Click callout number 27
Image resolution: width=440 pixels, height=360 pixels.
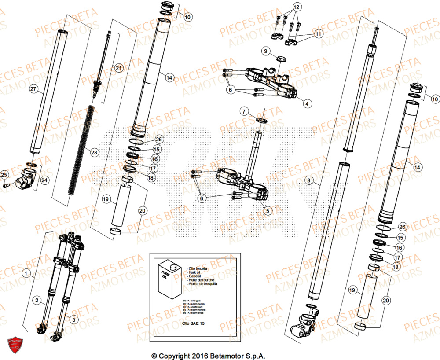33,89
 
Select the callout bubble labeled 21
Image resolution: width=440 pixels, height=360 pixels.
118,68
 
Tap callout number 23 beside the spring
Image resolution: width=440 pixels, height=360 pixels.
94,153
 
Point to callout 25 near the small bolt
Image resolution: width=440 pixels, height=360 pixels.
4,176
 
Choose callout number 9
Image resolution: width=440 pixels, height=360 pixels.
265,51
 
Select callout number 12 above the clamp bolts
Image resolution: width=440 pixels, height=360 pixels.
297,7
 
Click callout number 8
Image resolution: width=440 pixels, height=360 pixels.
308,180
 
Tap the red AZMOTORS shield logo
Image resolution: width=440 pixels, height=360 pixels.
15,345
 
